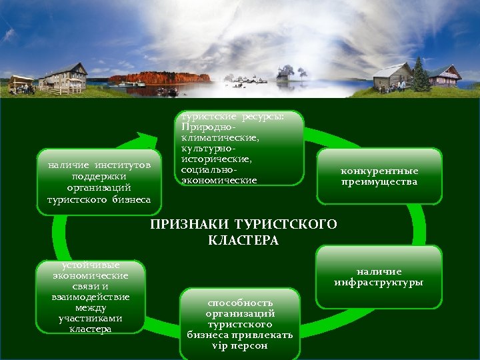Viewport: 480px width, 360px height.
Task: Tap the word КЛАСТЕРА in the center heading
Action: (243, 240)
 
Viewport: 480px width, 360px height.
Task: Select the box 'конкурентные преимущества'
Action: (379, 176)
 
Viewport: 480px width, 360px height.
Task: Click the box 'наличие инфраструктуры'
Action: (379, 277)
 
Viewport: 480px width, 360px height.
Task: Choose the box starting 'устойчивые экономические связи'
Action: (91, 297)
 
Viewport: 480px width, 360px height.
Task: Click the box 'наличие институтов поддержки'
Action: (99, 182)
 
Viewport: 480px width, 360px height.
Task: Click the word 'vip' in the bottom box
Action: (219, 346)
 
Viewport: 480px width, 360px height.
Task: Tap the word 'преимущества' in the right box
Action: (379, 182)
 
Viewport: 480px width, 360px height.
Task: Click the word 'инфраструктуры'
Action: (379, 283)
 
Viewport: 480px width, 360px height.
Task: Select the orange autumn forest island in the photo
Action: (160, 78)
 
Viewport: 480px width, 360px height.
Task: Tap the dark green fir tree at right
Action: (421, 75)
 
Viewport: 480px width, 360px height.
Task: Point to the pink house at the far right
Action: (445, 76)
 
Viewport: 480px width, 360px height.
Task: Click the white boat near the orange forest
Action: (131, 85)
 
